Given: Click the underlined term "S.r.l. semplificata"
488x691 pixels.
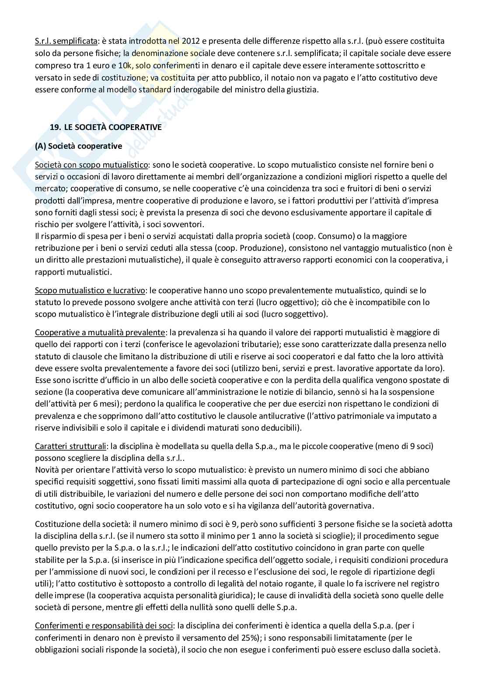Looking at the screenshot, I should coord(66,41).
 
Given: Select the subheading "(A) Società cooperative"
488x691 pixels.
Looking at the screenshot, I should coord(79,146).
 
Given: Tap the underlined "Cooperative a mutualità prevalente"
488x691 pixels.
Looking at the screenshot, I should coord(100,332).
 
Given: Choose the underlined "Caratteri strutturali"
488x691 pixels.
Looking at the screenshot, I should coord(70,446).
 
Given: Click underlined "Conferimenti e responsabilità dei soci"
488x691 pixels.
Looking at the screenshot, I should coord(104,625).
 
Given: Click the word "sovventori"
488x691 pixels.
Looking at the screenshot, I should coord(186,224).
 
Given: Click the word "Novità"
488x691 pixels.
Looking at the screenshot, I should coord(46,470).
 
